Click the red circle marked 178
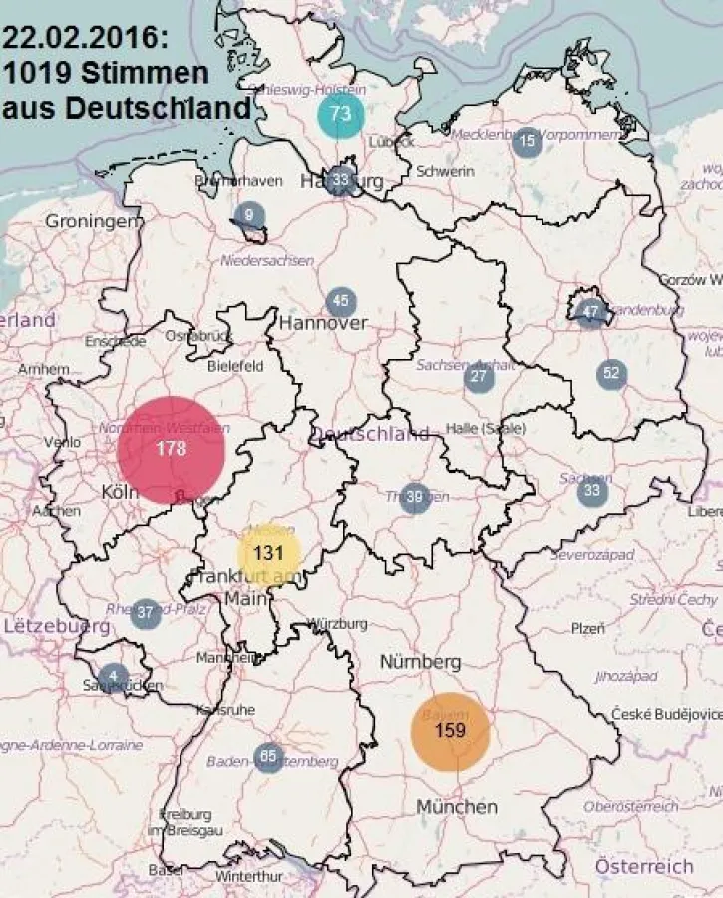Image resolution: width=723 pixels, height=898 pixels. pyautogui.click(x=171, y=449)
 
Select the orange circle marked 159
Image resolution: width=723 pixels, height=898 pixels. pyautogui.click(x=451, y=731)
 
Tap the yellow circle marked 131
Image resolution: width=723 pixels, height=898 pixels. pyautogui.click(x=269, y=553)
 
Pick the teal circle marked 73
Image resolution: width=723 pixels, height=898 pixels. pyautogui.click(x=341, y=114)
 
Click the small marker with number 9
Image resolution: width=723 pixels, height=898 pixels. pyautogui.click(x=249, y=215)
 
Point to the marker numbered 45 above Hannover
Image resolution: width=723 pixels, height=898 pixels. pyautogui.click(x=341, y=301)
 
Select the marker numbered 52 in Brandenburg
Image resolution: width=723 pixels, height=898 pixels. pyautogui.click(x=611, y=374)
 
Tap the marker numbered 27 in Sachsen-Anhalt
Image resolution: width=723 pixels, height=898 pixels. pyautogui.click(x=480, y=377)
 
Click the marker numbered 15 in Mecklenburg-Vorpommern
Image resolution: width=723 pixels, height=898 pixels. pyautogui.click(x=527, y=142)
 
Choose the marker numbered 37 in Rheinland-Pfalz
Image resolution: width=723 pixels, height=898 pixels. pyautogui.click(x=146, y=613)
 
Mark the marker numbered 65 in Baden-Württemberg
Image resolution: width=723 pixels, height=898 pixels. pyautogui.click(x=268, y=757)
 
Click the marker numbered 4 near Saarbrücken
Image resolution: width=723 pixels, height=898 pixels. pyautogui.click(x=113, y=676)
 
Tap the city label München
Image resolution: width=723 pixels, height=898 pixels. pyautogui.click(x=457, y=806)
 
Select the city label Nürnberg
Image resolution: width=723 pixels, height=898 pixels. pyautogui.click(x=420, y=662)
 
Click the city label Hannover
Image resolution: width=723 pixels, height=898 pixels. pyautogui.click(x=323, y=323)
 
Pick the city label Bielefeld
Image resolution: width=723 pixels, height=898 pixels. pyautogui.click(x=235, y=366)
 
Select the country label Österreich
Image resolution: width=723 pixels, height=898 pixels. pyautogui.click(x=644, y=866)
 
